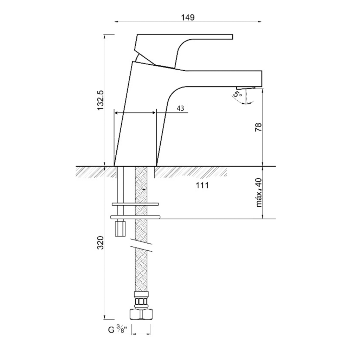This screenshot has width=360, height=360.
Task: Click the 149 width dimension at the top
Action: click(x=188, y=18)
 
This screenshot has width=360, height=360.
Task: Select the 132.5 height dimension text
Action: click(x=101, y=100)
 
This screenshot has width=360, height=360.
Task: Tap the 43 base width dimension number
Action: click(x=180, y=108)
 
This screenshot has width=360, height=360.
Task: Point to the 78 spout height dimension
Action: click(x=258, y=127)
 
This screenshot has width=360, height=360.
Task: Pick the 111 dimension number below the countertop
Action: click(x=202, y=185)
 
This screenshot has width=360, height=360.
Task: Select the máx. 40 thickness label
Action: click(x=259, y=192)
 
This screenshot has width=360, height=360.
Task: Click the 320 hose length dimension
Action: click(x=101, y=243)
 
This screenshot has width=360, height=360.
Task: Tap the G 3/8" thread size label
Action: click(x=117, y=330)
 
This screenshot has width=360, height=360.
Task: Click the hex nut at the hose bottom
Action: click(x=141, y=314)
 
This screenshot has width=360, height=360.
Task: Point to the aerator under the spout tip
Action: click(x=246, y=88)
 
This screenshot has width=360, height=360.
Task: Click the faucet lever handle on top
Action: click(x=184, y=51)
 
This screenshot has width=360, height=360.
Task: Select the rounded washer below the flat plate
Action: click(x=135, y=217)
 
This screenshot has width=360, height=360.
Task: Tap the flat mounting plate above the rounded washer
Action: click(x=135, y=204)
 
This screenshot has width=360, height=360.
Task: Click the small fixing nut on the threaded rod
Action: click(x=120, y=228)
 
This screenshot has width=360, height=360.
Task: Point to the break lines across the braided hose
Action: click(x=141, y=245)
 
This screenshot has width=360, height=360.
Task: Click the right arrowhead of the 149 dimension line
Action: click(x=259, y=22)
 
